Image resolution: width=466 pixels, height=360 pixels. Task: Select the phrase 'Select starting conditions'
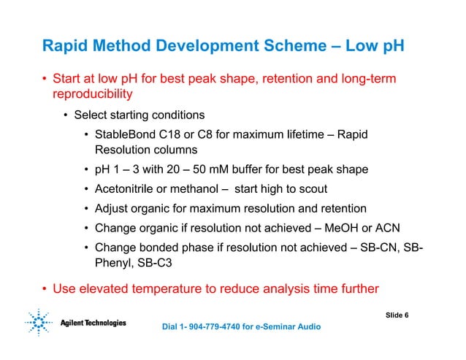pos(138,115)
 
